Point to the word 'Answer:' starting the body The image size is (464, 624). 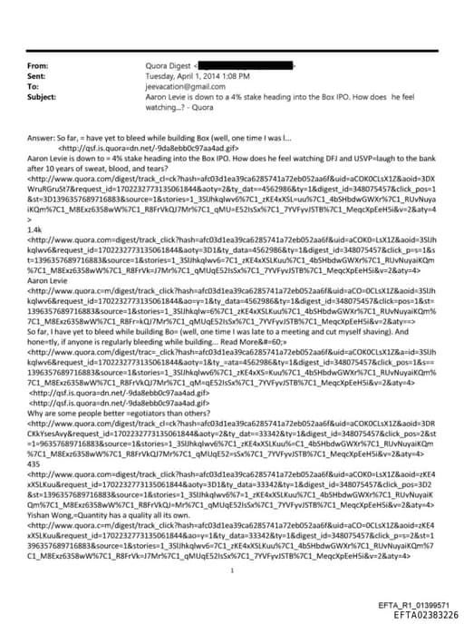coord(42,136)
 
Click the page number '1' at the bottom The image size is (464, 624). coord(232,545)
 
